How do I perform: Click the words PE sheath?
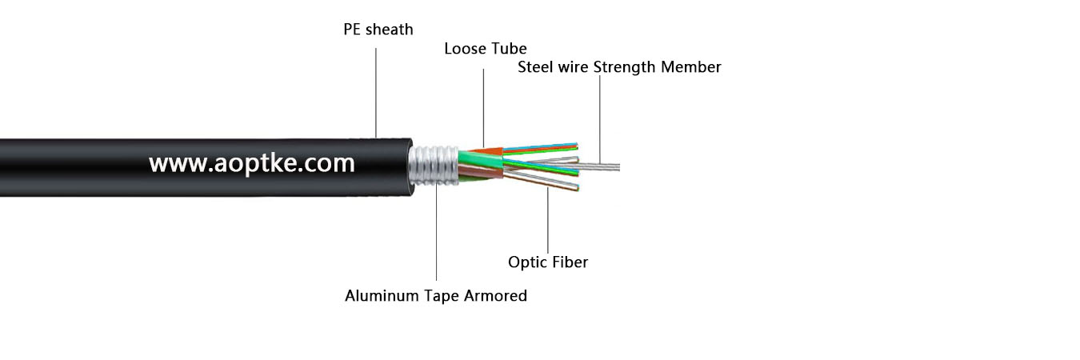coord(378,30)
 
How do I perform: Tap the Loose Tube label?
coord(485,50)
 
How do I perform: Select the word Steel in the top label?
coord(536,67)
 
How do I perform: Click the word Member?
coord(690,67)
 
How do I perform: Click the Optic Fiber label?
coord(548,262)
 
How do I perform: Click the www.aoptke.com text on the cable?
coord(251,164)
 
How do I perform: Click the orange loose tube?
coord(483,150)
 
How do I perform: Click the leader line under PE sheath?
coord(376,88)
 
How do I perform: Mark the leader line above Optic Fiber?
coord(548,220)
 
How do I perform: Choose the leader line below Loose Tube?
coord(483,104)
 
